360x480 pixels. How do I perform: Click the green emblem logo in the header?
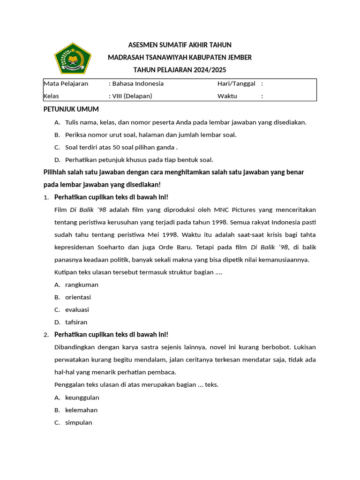pyautogui.click(x=70, y=58)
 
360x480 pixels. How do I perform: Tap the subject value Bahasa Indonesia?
pyautogui.click(x=138, y=84)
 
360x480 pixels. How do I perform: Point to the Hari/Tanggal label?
pyautogui.click(x=236, y=84)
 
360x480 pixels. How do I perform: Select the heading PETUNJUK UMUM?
pyautogui.click(x=71, y=109)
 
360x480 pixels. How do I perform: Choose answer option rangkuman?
pyautogui.click(x=82, y=285)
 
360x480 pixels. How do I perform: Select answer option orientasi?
pyautogui.click(x=78, y=297)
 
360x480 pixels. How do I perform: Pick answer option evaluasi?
pyautogui.click(x=77, y=310)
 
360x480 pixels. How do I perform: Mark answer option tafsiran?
pyautogui.click(x=76, y=322)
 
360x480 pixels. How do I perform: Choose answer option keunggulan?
pyautogui.click(x=82, y=397)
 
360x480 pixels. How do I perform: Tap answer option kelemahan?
pyautogui.click(x=81, y=410)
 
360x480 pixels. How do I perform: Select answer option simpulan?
pyautogui.click(x=78, y=422)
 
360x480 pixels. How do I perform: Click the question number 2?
pyautogui.click(x=45, y=335)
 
